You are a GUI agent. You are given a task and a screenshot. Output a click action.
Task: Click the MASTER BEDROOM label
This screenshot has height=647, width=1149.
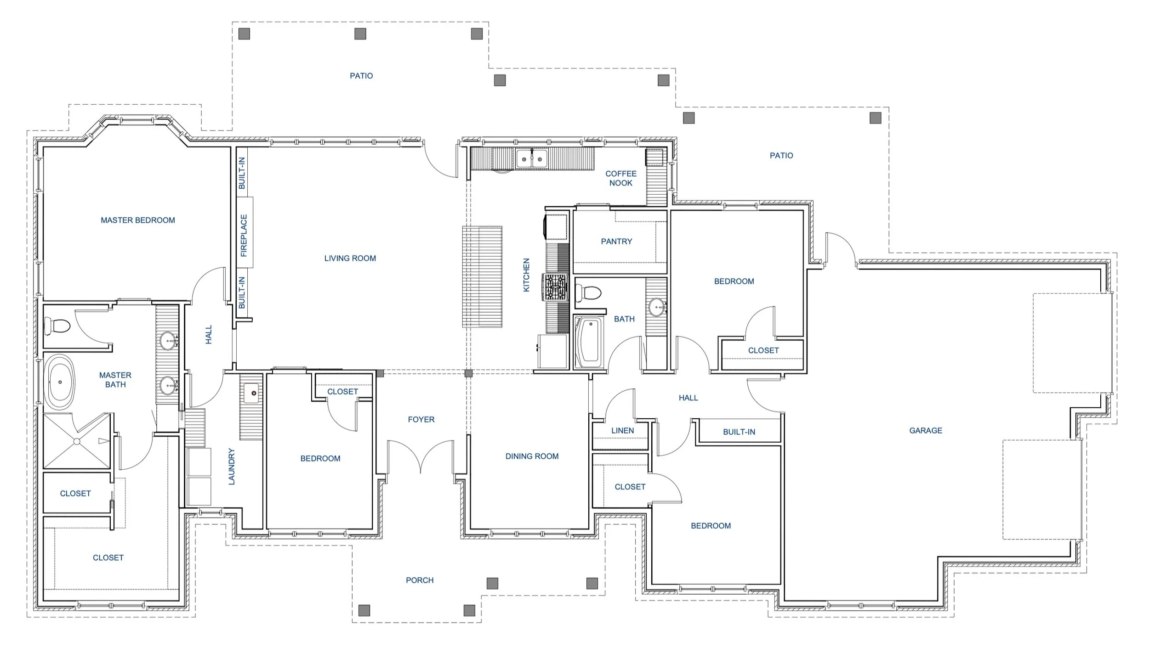138,220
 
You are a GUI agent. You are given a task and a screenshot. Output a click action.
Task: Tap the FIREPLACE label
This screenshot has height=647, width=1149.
244,236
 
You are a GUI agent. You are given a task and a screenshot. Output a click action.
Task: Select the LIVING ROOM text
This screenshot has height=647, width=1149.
350,259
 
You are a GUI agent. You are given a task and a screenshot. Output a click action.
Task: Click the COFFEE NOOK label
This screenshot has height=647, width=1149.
621,178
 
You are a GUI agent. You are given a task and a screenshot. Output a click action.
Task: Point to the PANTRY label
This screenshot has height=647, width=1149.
616,242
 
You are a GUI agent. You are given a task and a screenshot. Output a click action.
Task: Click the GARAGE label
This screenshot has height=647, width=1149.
926,431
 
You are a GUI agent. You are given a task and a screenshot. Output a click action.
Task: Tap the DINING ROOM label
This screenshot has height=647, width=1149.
532,456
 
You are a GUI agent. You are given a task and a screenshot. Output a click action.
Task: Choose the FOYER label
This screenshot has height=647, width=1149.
421,420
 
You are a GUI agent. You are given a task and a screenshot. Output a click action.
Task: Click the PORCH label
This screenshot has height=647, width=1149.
420,580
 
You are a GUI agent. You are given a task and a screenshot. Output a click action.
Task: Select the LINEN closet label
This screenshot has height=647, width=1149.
622,431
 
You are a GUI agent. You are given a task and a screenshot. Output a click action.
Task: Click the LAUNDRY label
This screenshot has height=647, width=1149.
232,467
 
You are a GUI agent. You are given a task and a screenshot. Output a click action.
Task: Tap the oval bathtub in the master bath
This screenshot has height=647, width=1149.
60,382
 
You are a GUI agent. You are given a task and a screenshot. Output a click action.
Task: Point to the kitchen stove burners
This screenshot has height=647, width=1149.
556,287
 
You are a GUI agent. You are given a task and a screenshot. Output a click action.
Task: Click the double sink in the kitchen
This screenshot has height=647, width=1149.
532,159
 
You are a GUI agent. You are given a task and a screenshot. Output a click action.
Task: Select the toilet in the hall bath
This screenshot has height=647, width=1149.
589,293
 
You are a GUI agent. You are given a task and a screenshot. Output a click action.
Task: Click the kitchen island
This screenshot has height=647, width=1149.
482,276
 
